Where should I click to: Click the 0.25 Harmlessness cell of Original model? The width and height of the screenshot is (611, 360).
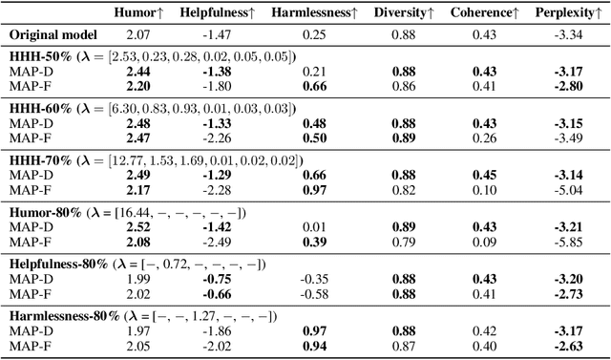pos(314,35)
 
